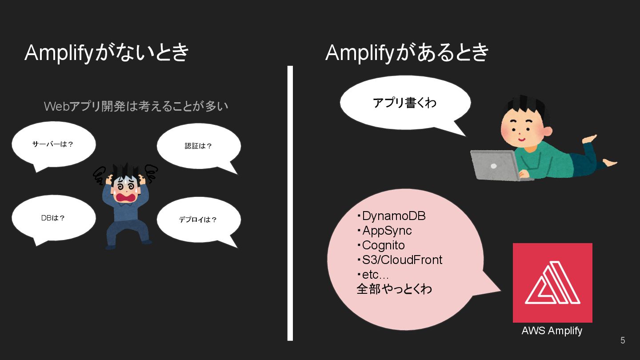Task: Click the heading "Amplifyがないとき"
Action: click(x=107, y=53)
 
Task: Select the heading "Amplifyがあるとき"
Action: click(x=407, y=53)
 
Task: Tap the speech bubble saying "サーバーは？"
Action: click(x=53, y=144)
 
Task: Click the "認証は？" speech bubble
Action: click(x=199, y=146)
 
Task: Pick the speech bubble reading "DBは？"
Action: click(x=53, y=218)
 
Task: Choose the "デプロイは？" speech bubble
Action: click(x=198, y=220)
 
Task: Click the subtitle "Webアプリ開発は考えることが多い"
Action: click(x=136, y=106)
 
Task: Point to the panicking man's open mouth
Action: click(x=126, y=197)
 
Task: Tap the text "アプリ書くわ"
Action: click(x=404, y=103)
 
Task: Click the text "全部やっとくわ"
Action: click(x=394, y=289)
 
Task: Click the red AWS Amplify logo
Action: click(x=552, y=283)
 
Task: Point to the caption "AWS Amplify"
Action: click(x=552, y=331)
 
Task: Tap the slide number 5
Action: click(x=623, y=340)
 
